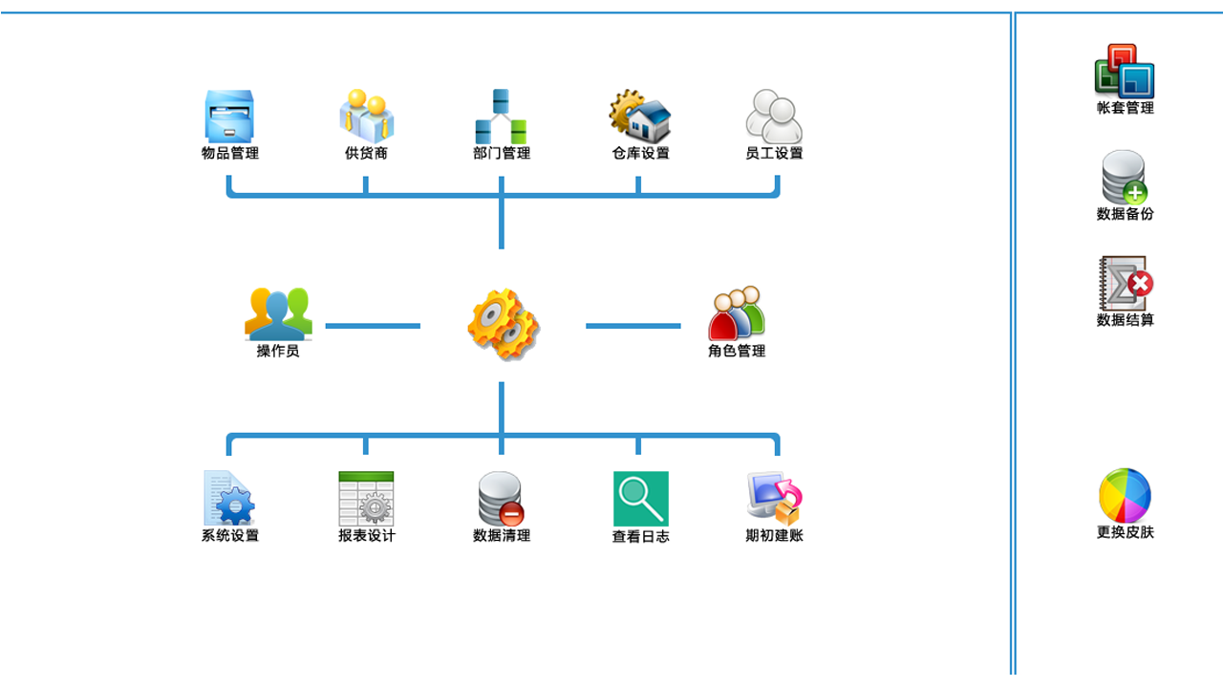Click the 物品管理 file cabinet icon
pos(229,117)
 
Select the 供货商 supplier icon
pos(366,117)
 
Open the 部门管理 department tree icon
pos(502,117)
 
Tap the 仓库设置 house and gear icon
pos(639,117)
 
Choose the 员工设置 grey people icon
pos(774,117)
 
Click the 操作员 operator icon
pos(278,313)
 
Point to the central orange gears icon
pos(503,325)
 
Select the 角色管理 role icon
pos(737,313)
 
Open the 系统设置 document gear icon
pos(229,498)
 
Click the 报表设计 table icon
pos(366,498)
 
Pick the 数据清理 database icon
pos(501,498)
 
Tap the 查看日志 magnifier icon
pos(640,498)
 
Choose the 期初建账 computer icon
pos(774,498)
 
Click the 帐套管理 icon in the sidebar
pos(1125,72)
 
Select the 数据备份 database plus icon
pos(1125,178)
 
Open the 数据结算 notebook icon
pos(1126,284)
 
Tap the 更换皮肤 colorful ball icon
pos(1125,495)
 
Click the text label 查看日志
pos(640,537)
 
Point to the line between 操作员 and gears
pos(373,326)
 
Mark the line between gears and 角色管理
pos(633,326)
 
